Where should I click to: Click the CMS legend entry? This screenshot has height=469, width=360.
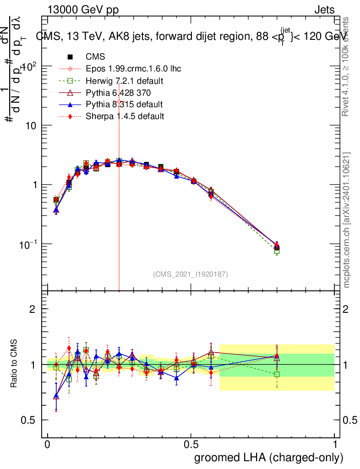[x=95, y=57]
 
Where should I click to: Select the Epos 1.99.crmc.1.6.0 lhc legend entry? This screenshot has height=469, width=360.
[x=133, y=69]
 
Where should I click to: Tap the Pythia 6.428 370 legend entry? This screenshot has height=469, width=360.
[x=121, y=93]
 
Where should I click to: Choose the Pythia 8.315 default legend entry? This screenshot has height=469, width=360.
[x=124, y=104]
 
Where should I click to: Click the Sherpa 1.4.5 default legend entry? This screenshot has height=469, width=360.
[x=125, y=116]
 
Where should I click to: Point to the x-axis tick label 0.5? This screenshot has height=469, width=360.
[x=191, y=445]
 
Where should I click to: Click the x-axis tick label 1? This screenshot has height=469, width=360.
[x=335, y=445]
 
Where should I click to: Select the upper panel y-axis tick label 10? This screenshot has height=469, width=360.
[x=30, y=125]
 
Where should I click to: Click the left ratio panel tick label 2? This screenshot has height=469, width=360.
[x=33, y=309]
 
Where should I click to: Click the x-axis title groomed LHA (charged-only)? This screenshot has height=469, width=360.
[x=269, y=458]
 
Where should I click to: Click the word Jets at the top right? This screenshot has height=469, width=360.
[x=324, y=10]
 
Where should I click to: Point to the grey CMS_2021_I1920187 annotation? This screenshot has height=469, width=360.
[x=191, y=274]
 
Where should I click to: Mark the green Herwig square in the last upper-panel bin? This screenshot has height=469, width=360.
[x=277, y=251]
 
